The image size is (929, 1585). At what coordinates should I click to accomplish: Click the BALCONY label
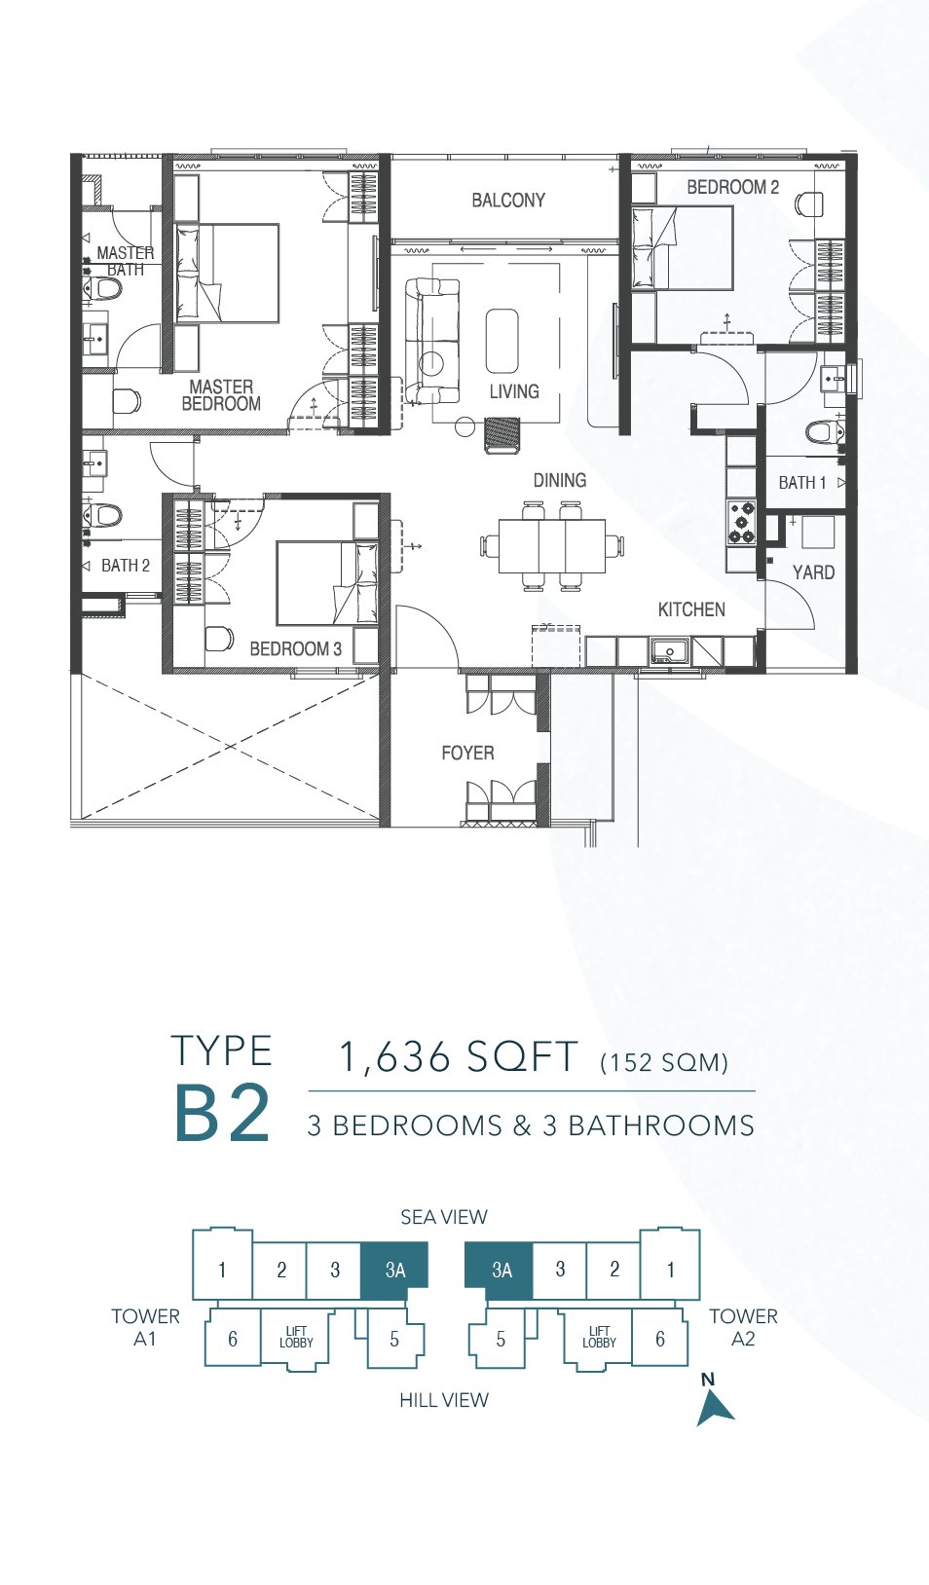508,201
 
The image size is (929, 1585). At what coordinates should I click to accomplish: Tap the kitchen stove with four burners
741,522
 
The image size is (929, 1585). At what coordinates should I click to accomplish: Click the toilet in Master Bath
103,289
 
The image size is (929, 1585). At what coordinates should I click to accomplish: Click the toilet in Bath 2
103,515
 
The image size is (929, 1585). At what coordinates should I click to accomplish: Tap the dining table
552,545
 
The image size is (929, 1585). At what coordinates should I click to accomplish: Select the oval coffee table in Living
502,341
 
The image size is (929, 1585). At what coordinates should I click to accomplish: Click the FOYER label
467,753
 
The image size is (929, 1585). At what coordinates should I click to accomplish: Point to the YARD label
814,572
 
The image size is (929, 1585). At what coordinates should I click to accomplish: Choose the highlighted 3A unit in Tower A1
394,1271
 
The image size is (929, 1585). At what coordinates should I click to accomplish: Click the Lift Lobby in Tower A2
599,1338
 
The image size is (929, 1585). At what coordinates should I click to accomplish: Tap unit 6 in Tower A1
233,1339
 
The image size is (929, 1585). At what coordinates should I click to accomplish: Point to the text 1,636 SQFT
459,1057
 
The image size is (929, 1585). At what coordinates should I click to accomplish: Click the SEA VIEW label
444,1217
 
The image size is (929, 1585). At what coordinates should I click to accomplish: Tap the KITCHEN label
691,609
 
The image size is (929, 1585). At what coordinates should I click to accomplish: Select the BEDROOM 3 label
296,648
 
